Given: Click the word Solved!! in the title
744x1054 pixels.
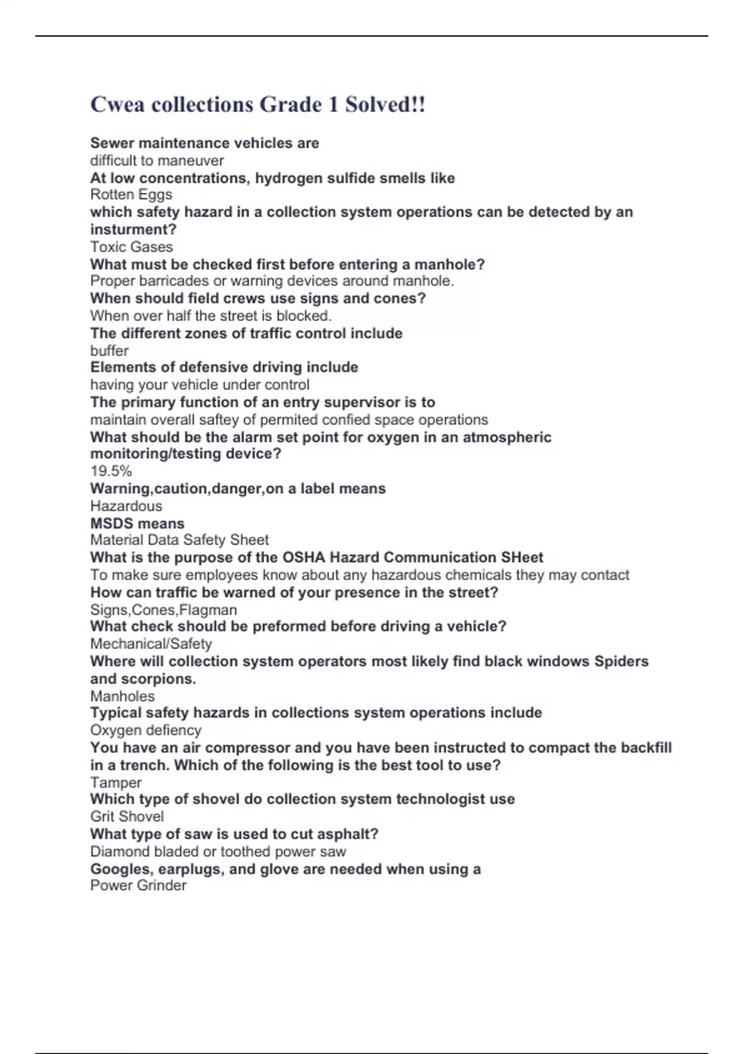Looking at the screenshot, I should click(385, 104).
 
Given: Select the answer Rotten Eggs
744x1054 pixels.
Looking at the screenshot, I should click(131, 195).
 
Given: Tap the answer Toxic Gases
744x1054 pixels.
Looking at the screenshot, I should click(131, 247).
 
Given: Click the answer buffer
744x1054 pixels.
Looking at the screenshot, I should click(109, 350).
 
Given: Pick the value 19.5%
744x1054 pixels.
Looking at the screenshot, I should click(111, 471).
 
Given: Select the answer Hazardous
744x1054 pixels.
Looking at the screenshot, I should click(126, 506).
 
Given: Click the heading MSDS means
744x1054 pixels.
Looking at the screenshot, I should click(137, 523).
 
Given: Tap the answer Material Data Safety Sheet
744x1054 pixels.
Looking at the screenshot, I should click(179, 540).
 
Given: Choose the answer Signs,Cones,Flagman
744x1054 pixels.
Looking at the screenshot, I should click(163, 609).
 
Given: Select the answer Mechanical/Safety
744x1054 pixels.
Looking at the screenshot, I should click(151, 644).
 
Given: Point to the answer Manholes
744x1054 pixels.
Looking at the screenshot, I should click(122, 696).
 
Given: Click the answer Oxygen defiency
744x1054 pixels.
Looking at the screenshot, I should click(146, 730).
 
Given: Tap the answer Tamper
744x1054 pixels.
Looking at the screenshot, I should click(115, 782).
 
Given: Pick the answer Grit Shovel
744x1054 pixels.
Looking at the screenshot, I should click(126, 817).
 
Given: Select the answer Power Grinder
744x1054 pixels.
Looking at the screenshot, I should click(138, 885).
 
